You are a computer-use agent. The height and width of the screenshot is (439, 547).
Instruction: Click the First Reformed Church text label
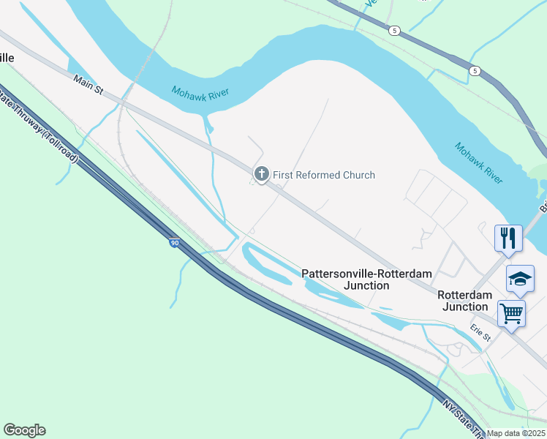click(324, 175)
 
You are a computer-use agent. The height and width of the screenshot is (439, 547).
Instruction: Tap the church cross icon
click(260, 174)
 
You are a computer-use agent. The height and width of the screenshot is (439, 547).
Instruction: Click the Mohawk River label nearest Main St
click(200, 93)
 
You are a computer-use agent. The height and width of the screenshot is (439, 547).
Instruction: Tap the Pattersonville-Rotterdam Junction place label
click(366, 279)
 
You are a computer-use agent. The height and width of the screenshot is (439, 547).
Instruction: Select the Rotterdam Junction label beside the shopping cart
click(464, 301)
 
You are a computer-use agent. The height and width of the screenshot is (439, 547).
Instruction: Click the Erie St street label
click(480, 333)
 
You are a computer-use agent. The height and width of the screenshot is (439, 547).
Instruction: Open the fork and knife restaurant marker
click(508, 238)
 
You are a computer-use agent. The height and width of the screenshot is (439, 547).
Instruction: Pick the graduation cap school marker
click(520, 279)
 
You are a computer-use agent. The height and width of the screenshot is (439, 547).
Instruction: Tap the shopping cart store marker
click(511, 313)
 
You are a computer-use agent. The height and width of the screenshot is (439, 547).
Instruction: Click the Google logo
click(24, 430)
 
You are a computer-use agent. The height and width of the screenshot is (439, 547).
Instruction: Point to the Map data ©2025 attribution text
click(516, 433)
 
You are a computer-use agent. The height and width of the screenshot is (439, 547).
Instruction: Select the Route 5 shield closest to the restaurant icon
click(475, 70)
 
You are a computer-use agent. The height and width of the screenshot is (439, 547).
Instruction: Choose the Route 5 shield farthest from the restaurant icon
click(394, 30)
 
